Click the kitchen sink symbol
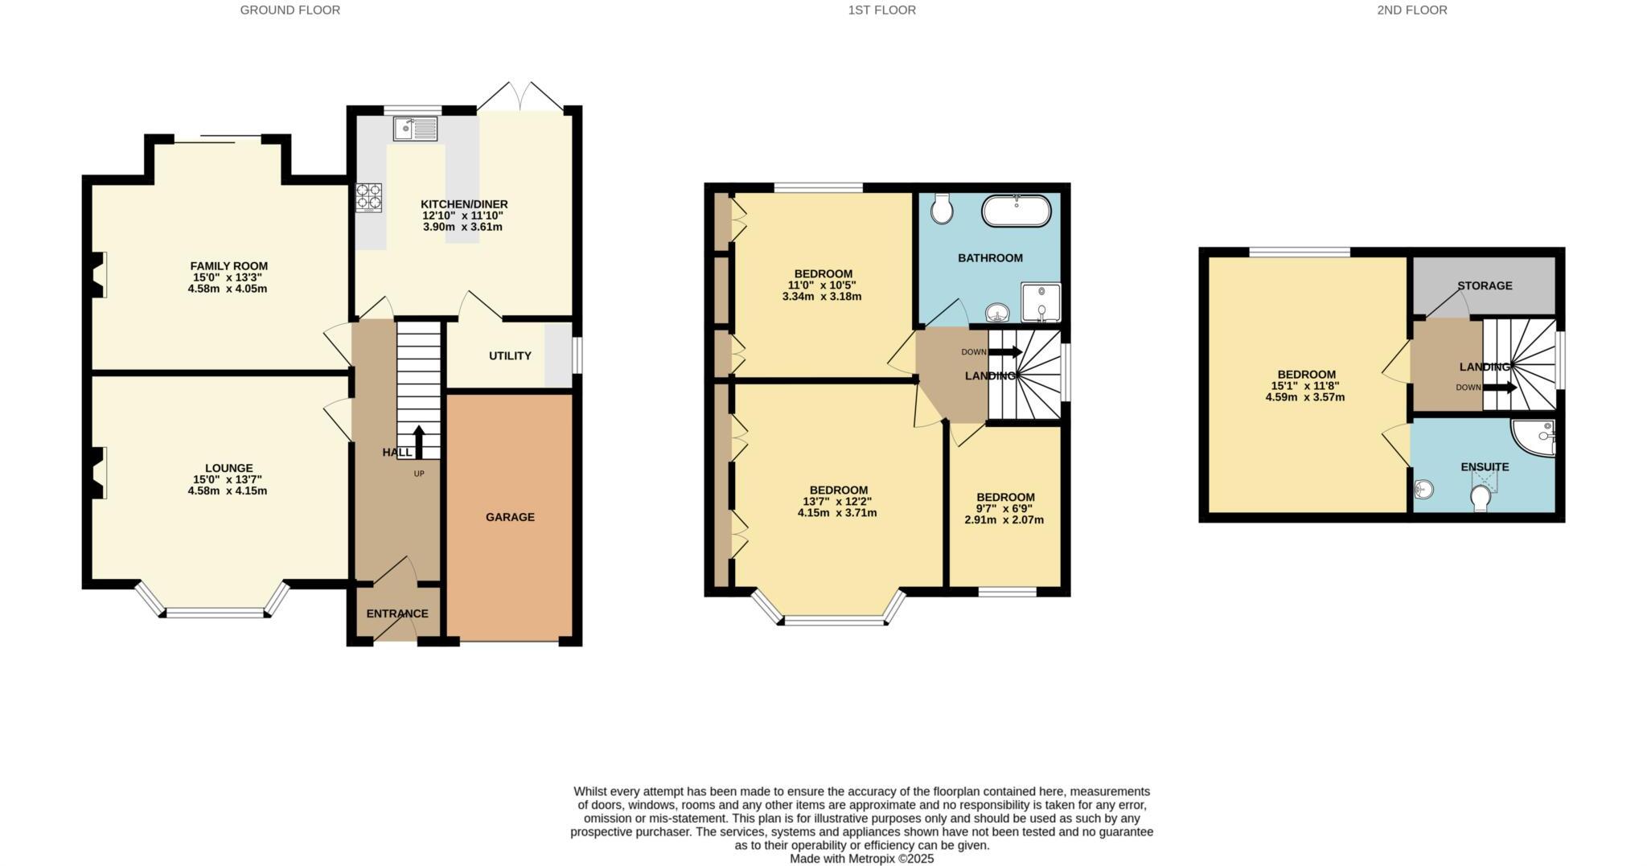coord(415,129)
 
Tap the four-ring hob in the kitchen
coord(369,198)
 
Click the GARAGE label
coord(510,517)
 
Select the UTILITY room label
coord(510,355)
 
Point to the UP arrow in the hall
coord(418,441)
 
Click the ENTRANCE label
coord(397,614)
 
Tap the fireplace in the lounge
coord(98,473)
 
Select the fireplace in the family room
coord(98,275)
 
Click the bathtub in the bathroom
coord(1016,211)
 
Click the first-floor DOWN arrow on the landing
coord(1004,352)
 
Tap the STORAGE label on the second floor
coord(1485,285)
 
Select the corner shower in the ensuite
coord(1535,437)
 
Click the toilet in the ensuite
coord(1480,499)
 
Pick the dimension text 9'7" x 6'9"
coord(1004,509)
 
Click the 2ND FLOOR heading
coord(1411,10)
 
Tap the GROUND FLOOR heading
coord(290,10)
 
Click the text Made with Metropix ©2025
coord(861,859)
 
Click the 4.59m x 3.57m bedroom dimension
coord(1306,397)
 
